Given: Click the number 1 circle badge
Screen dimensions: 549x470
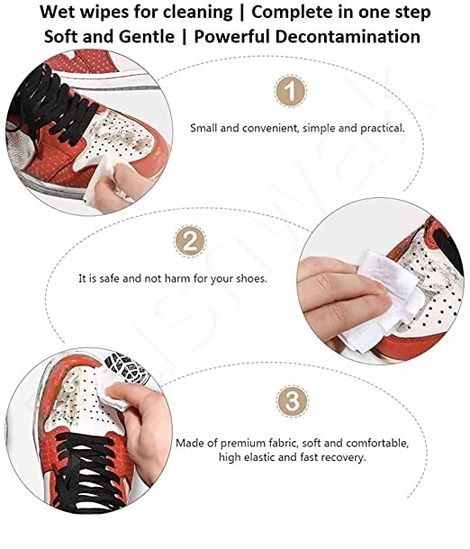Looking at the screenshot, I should point(288,90).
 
